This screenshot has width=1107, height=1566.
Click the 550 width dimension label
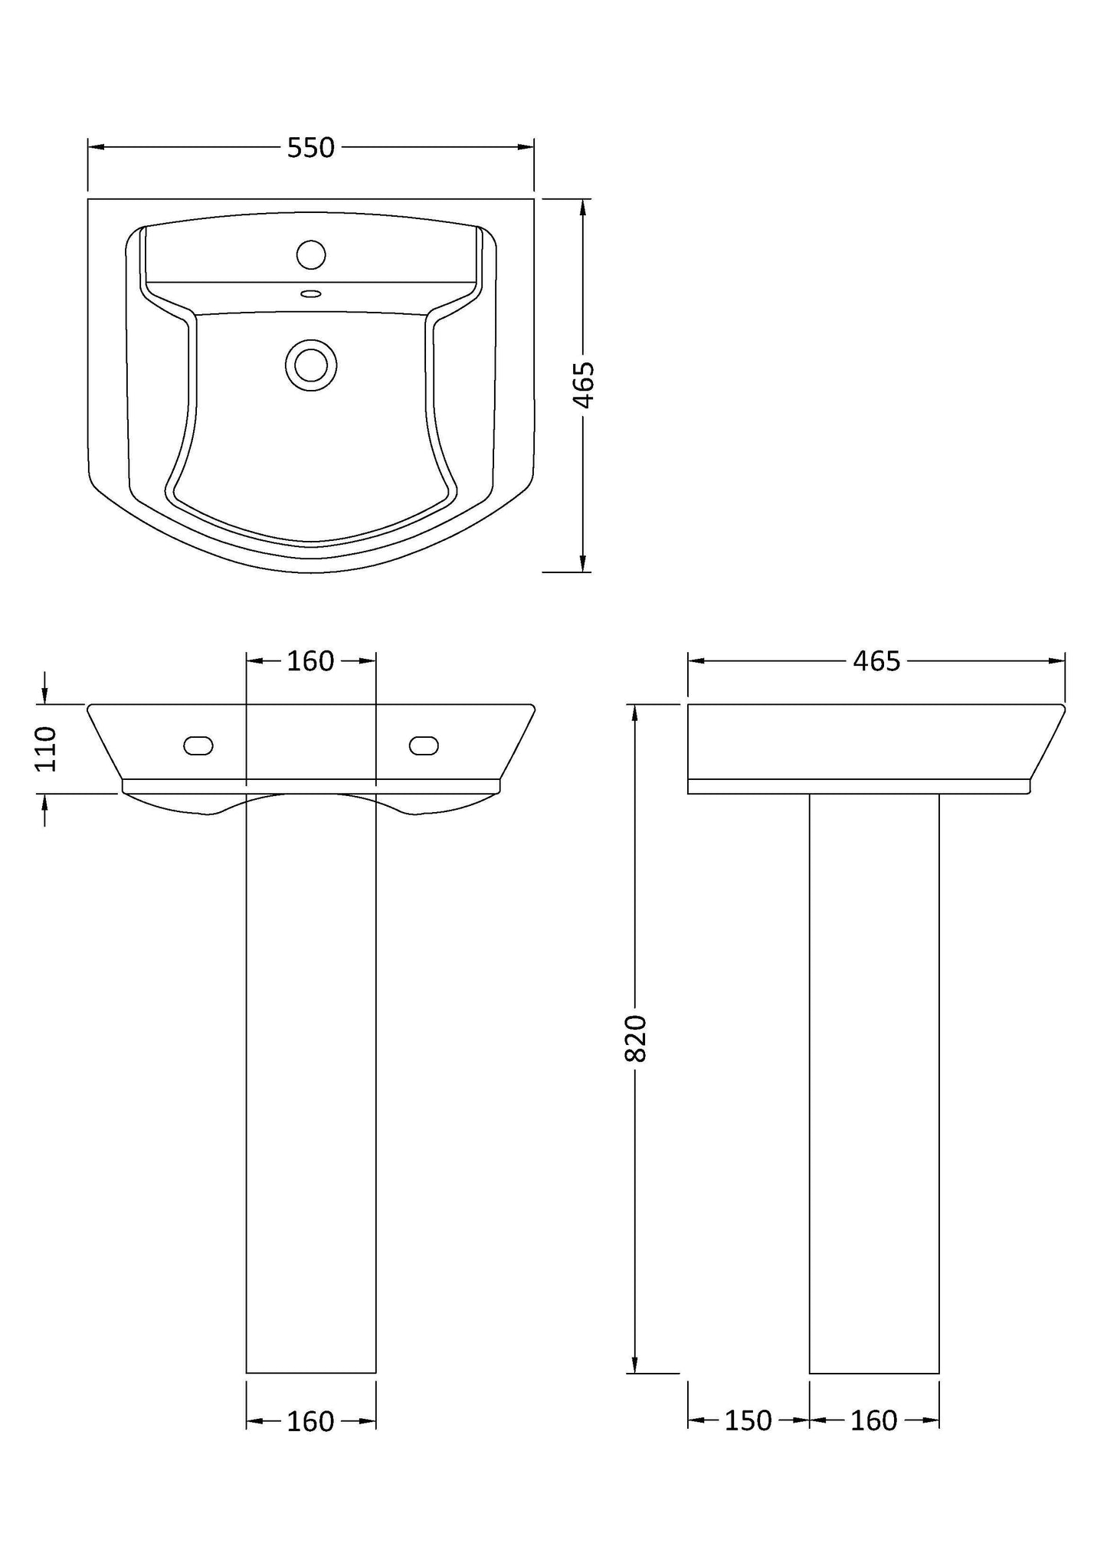[x=310, y=147]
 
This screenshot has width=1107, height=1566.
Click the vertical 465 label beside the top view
[x=584, y=385]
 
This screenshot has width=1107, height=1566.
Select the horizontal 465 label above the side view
[x=876, y=660]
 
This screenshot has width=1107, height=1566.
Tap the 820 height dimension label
[x=637, y=1037]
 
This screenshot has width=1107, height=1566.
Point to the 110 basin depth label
[x=46, y=749]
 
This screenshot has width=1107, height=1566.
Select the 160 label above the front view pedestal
[x=310, y=660]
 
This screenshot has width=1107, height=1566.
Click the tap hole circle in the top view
[x=311, y=254]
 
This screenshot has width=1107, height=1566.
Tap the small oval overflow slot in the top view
[x=311, y=293]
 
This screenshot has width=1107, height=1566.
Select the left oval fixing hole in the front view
[x=198, y=745]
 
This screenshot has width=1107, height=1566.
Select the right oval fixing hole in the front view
[x=424, y=745]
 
